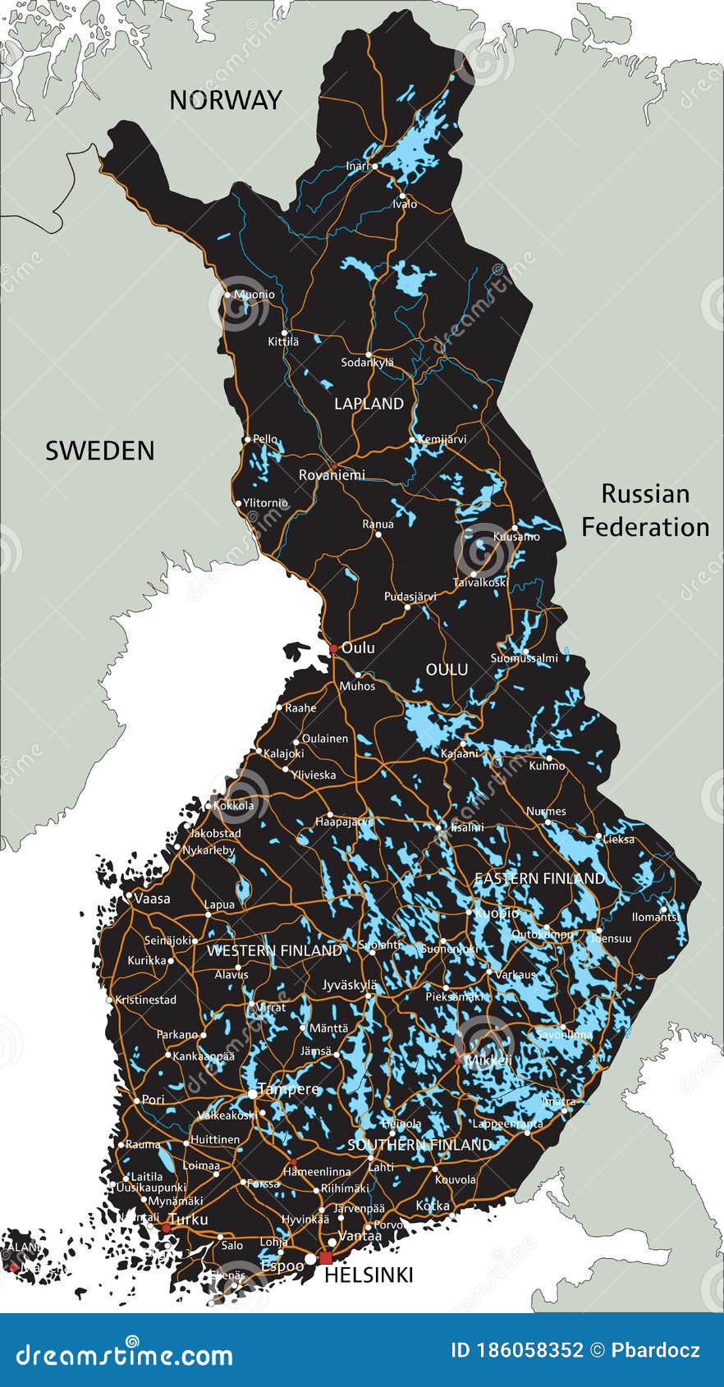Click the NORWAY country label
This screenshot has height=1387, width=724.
[x=225, y=100]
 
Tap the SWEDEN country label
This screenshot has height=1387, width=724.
[x=99, y=451]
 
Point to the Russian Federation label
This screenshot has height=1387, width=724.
[x=645, y=510]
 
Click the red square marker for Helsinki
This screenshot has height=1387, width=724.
[x=326, y=1258]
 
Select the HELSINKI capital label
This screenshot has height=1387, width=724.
[x=369, y=1275]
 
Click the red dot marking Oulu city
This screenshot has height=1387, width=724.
[x=333, y=648]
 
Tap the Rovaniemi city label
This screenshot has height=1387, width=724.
[x=332, y=475]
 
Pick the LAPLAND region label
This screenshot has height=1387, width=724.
[x=369, y=404]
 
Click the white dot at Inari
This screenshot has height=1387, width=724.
[x=375, y=166]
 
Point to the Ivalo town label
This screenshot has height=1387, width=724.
[x=405, y=204]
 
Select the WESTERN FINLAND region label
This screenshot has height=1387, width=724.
[x=274, y=950]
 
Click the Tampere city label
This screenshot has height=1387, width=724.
[x=288, y=1089]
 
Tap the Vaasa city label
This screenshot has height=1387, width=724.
[x=152, y=899]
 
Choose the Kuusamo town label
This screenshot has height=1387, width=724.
[x=516, y=537]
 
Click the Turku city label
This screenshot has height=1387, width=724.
[x=188, y=1220]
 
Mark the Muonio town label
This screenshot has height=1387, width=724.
[x=254, y=295]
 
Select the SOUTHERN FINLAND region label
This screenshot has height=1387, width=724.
[x=419, y=1144]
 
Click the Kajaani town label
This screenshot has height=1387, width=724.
[x=459, y=753]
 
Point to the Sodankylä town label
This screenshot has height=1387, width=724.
[x=368, y=362]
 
